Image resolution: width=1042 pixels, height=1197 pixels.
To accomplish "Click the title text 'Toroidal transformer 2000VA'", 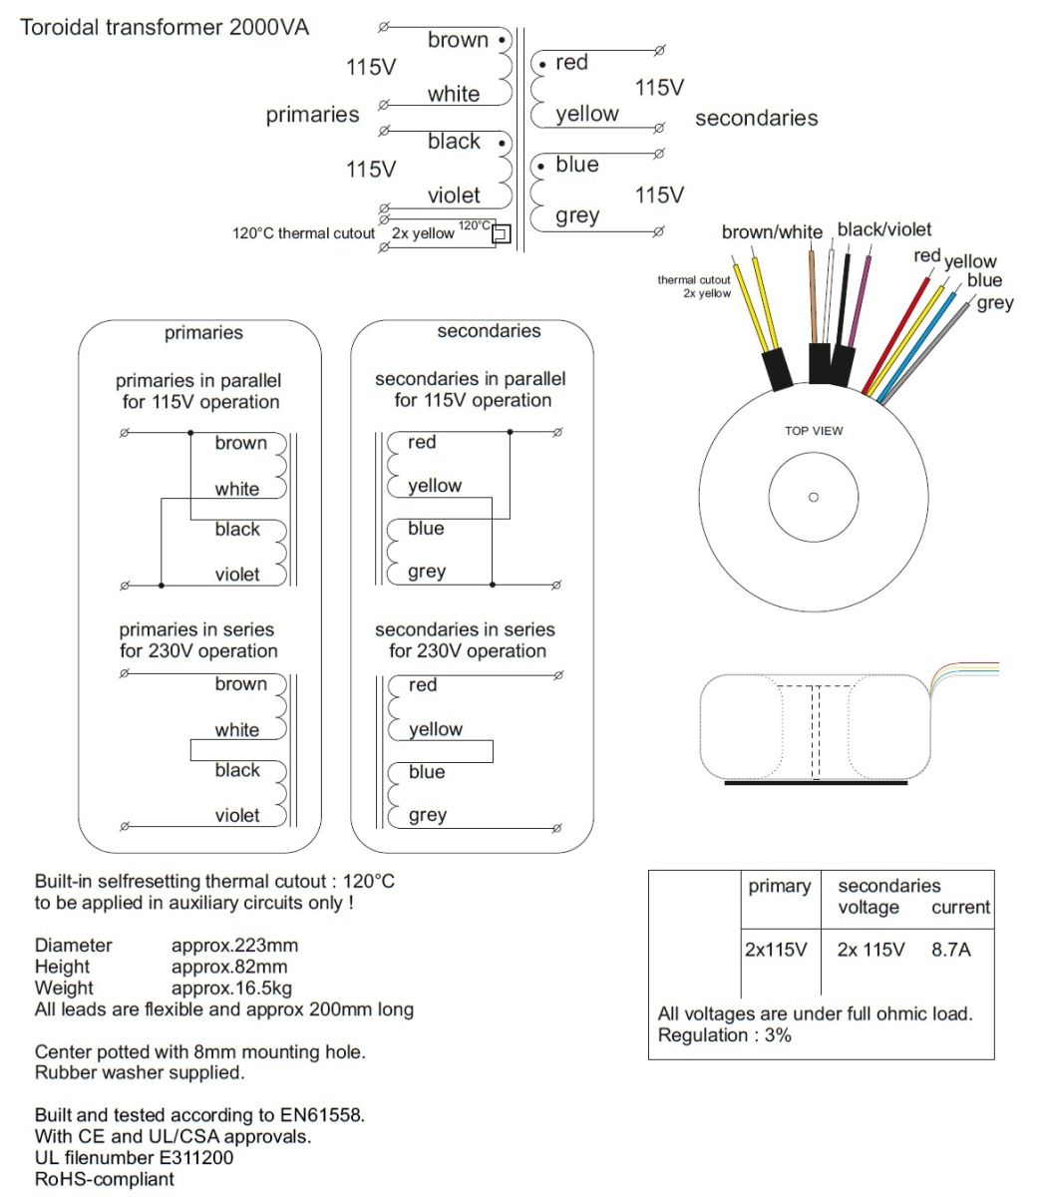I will [x=165, y=27].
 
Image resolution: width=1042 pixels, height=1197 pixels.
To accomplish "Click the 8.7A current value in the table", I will [x=950, y=950].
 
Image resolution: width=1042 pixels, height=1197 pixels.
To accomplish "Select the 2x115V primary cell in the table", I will [x=776, y=950].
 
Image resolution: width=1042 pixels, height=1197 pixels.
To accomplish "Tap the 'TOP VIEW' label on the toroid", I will [x=814, y=431].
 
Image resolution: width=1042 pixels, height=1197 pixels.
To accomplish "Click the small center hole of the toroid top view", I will [x=814, y=497].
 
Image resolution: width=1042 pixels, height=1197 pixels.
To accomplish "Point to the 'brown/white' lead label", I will [x=772, y=232].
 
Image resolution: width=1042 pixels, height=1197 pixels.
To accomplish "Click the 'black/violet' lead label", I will [x=883, y=230].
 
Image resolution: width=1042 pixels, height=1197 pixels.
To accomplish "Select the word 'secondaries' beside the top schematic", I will [x=756, y=119].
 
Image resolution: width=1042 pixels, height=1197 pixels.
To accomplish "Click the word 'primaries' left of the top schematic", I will [x=312, y=115].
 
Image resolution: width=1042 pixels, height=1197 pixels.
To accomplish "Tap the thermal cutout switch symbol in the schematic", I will [x=502, y=234].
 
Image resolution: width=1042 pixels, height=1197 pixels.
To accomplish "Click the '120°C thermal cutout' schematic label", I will [x=303, y=233].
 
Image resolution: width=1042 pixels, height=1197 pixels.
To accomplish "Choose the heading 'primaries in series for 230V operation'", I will [x=197, y=640].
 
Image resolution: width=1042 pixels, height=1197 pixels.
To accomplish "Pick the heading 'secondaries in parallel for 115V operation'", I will [x=471, y=390].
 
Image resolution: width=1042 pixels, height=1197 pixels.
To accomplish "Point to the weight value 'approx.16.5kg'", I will [x=231, y=988].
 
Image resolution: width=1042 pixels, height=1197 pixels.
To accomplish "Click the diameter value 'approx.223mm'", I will [x=234, y=945].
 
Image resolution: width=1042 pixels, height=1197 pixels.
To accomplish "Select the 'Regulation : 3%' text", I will [x=724, y=1035].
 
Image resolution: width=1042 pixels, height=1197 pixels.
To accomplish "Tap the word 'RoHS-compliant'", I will [x=105, y=1179].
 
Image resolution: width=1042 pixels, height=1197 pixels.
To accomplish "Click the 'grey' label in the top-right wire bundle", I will [x=994, y=302].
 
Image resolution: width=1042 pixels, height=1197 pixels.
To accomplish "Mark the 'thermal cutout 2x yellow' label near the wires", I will [x=694, y=286].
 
